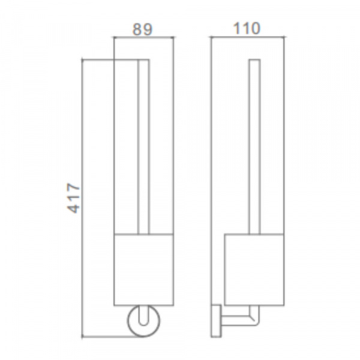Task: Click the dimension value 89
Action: pos(142,29)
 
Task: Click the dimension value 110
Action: pos(247,28)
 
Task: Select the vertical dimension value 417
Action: pos(73,197)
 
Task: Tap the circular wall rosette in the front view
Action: pos(128,321)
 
